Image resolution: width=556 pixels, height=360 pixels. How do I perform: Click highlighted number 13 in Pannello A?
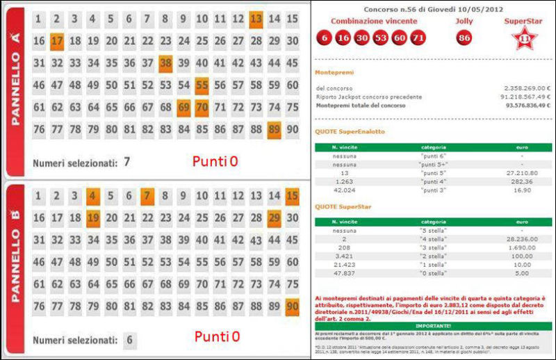pyautogui.click(x=256, y=19)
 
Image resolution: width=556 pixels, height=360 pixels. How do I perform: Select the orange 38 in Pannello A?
pyautogui.click(x=165, y=64)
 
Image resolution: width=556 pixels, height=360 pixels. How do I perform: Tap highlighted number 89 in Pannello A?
pyautogui.click(x=274, y=130)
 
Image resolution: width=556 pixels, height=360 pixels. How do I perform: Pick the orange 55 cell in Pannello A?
pyautogui.click(x=202, y=86)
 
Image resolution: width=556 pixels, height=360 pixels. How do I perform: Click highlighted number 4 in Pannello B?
pyautogui.click(x=93, y=197)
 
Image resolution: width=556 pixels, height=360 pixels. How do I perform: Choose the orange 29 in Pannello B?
pyautogui.click(x=274, y=219)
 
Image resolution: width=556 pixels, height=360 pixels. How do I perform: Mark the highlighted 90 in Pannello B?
pyautogui.click(x=292, y=307)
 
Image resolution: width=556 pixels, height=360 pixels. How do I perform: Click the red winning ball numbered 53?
pyautogui.click(x=380, y=38)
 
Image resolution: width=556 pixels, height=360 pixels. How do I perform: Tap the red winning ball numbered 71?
pyautogui.click(x=417, y=38)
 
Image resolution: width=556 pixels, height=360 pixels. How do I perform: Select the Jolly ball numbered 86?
pyautogui.click(x=464, y=38)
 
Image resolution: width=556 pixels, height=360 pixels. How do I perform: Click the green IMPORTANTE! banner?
pyautogui.click(x=433, y=325)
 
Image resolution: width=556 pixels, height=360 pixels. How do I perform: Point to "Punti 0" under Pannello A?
pyautogui.click(x=215, y=161)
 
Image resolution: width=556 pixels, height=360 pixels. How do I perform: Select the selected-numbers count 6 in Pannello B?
pyautogui.click(x=129, y=341)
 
